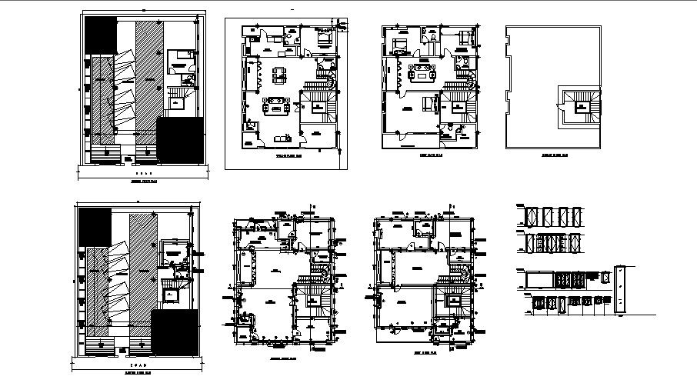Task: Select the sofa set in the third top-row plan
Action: [x=422, y=73]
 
